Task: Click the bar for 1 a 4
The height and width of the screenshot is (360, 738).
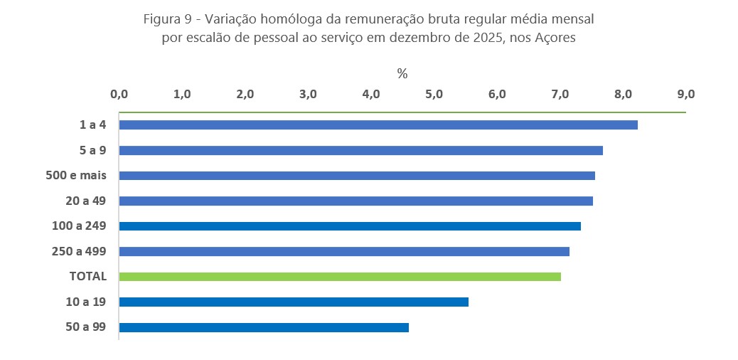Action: (378, 125)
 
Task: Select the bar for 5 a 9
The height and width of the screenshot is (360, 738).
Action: (361, 150)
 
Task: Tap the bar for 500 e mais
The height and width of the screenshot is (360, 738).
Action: (357, 176)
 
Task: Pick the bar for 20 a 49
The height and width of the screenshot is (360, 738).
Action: (355, 201)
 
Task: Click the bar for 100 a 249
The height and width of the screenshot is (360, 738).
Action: (350, 226)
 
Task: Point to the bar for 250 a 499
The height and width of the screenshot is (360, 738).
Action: (344, 251)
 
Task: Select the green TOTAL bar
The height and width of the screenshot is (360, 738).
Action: (340, 276)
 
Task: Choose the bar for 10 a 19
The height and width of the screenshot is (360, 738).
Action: (294, 302)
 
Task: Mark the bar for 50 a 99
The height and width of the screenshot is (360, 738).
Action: (264, 327)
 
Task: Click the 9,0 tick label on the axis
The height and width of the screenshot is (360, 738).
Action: (685, 94)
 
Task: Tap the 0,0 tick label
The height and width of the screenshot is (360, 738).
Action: (119, 94)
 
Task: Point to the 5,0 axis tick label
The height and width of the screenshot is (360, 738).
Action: (434, 94)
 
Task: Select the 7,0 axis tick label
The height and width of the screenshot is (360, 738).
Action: (560, 94)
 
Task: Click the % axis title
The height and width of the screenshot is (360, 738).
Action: (402, 73)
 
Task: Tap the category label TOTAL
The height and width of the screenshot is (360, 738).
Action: (88, 276)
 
